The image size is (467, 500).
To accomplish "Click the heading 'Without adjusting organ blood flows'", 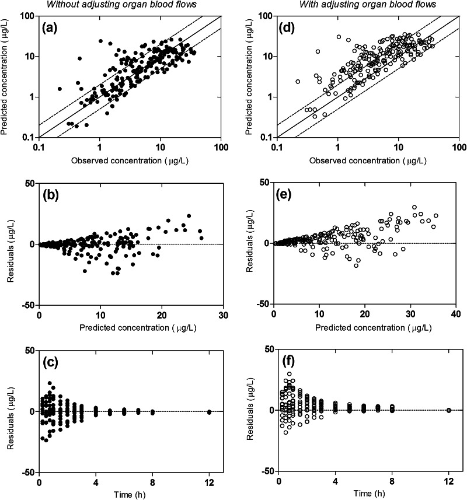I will (x=130, y=5).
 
